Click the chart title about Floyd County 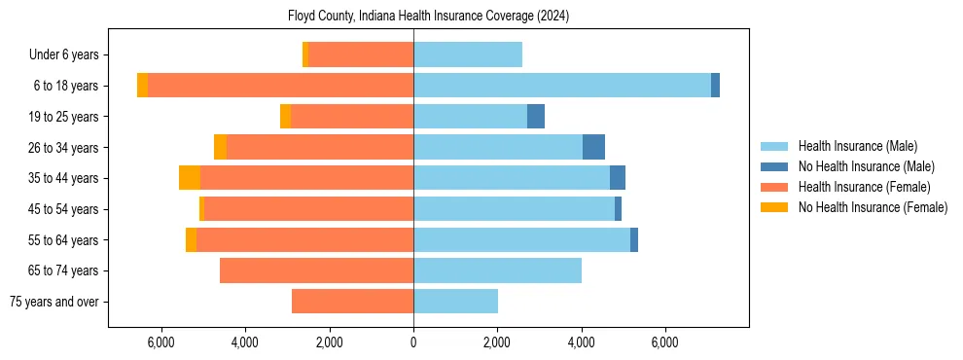[x=428, y=17]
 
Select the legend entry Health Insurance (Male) [x=857, y=146]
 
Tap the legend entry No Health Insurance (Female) [x=873, y=207]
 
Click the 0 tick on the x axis [x=413, y=342]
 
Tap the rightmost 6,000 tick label [x=665, y=342]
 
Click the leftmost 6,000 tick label [x=160, y=342]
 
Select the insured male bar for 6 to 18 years [x=562, y=86]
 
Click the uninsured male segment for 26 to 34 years [x=593, y=147]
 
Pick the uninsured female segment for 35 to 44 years [x=190, y=178]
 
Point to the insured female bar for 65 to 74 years [x=316, y=270]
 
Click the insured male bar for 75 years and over [x=455, y=302]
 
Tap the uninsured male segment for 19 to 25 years [x=536, y=117]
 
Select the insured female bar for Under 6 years [x=361, y=55]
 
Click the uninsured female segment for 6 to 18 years [x=142, y=86]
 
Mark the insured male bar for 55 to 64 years [x=521, y=239]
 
